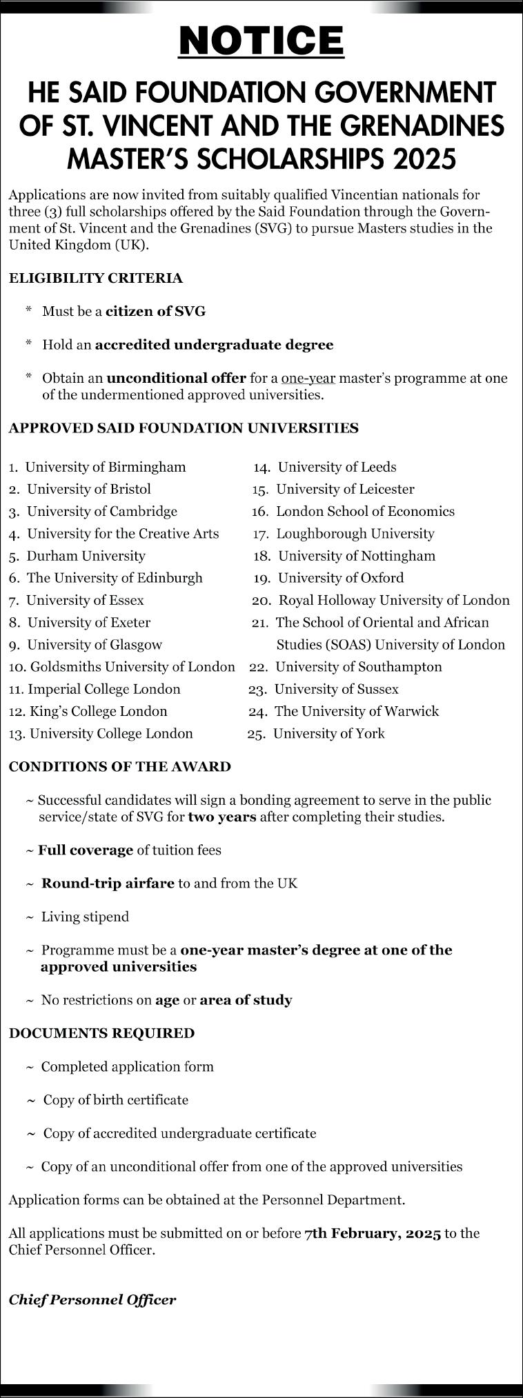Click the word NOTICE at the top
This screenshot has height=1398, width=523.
261,41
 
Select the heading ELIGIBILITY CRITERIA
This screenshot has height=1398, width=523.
96,279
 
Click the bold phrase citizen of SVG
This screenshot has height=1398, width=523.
155,312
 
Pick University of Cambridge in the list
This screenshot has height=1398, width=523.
101,512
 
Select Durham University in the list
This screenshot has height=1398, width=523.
86,556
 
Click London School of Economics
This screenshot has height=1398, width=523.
365,512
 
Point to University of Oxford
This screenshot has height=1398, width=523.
341,578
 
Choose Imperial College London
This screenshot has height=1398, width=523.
103,689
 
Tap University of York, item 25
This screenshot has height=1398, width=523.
328,734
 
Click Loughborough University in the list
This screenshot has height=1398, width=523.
355,534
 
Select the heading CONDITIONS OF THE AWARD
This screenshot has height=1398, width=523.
120,767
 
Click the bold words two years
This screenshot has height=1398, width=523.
222,817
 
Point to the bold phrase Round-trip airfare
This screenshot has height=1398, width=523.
108,883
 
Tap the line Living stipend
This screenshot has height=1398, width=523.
85,917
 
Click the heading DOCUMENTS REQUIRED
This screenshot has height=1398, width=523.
101,1033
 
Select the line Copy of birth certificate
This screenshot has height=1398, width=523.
115,1100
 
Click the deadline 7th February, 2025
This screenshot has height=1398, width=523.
373,1233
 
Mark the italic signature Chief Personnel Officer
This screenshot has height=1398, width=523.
92,1300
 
